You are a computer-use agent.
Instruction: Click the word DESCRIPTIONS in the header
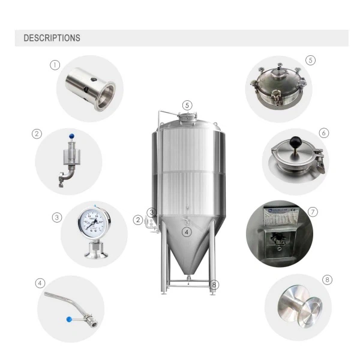tap(52, 38)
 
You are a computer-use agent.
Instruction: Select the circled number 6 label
tap(324, 133)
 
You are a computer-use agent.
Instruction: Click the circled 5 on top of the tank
tap(187, 105)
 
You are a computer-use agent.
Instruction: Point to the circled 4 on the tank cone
tap(187, 232)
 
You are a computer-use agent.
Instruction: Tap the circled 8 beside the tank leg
tap(215, 284)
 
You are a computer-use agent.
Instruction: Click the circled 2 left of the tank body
tap(138, 220)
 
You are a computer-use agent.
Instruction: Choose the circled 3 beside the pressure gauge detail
tap(56, 217)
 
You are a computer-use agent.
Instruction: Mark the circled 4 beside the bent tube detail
tap(40, 283)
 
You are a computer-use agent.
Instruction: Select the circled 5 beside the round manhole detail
tap(310, 60)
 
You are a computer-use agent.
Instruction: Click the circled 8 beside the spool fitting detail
tap(326, 280)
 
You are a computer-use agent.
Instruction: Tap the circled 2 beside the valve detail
tap(35, 134)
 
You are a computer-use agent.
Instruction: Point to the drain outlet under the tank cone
tap(187, 278)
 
